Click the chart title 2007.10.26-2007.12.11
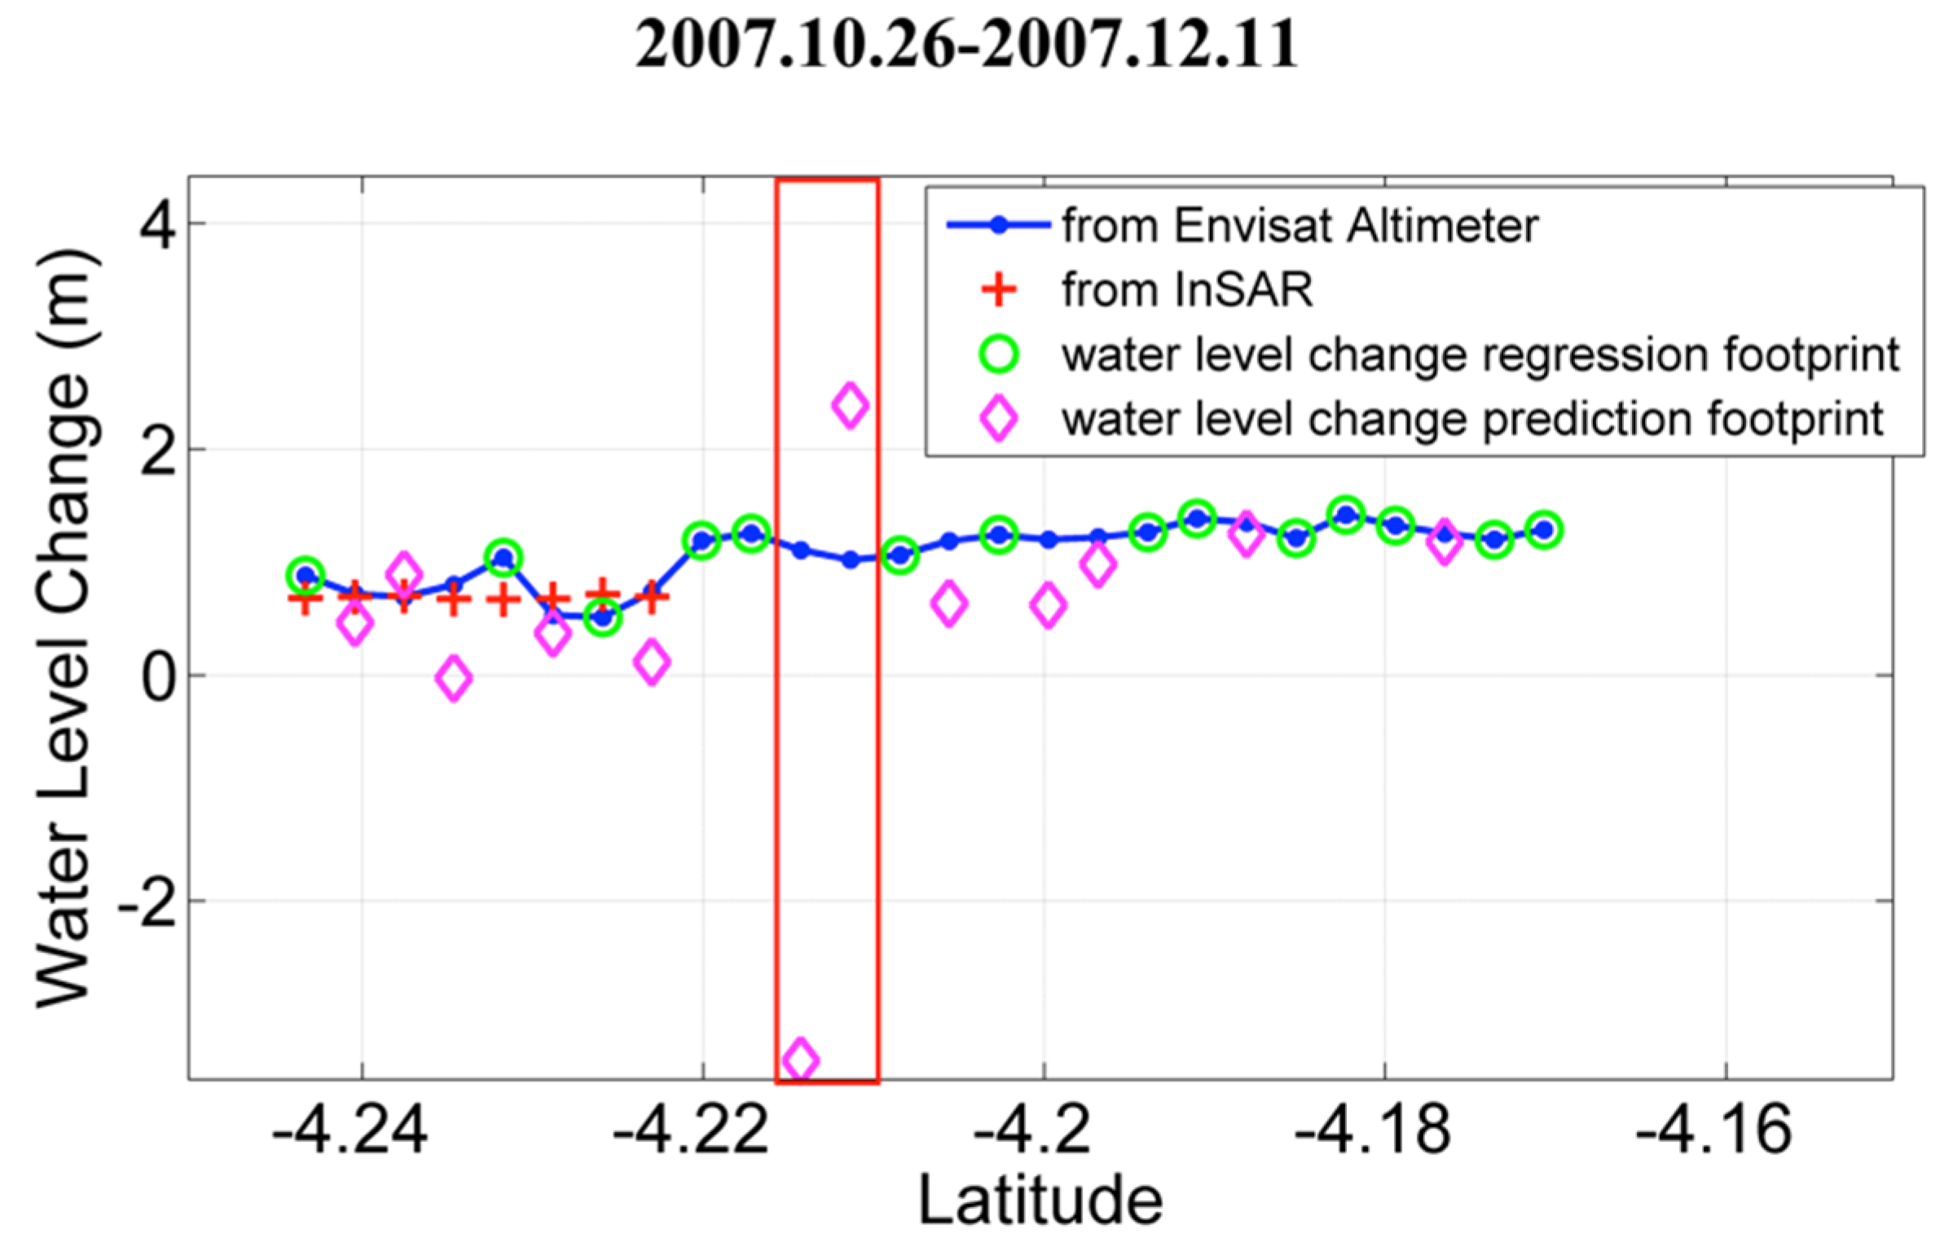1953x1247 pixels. pyautogui.click(x=966, y=44)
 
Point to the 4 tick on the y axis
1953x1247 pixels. pyautogui.click(x=156, y=225)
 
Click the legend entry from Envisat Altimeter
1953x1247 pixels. pyautogui.click(x=1299, y=226)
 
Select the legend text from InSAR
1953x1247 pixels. pyautogui.click(x=1186, y=290)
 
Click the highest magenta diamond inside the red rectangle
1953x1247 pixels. pyautogui.click(x=850, y=405)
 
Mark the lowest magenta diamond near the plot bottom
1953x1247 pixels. pyautogui.click(x=800, y=1060)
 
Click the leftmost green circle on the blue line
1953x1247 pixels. pyautogui.click(x=306, y=575)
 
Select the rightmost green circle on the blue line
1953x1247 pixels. pyautogui.click(x=1543, y=530)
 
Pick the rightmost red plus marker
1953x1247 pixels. pyautogui.click(x=651, y=597)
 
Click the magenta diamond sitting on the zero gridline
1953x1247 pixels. pyautogui.click(x=453, y=677)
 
